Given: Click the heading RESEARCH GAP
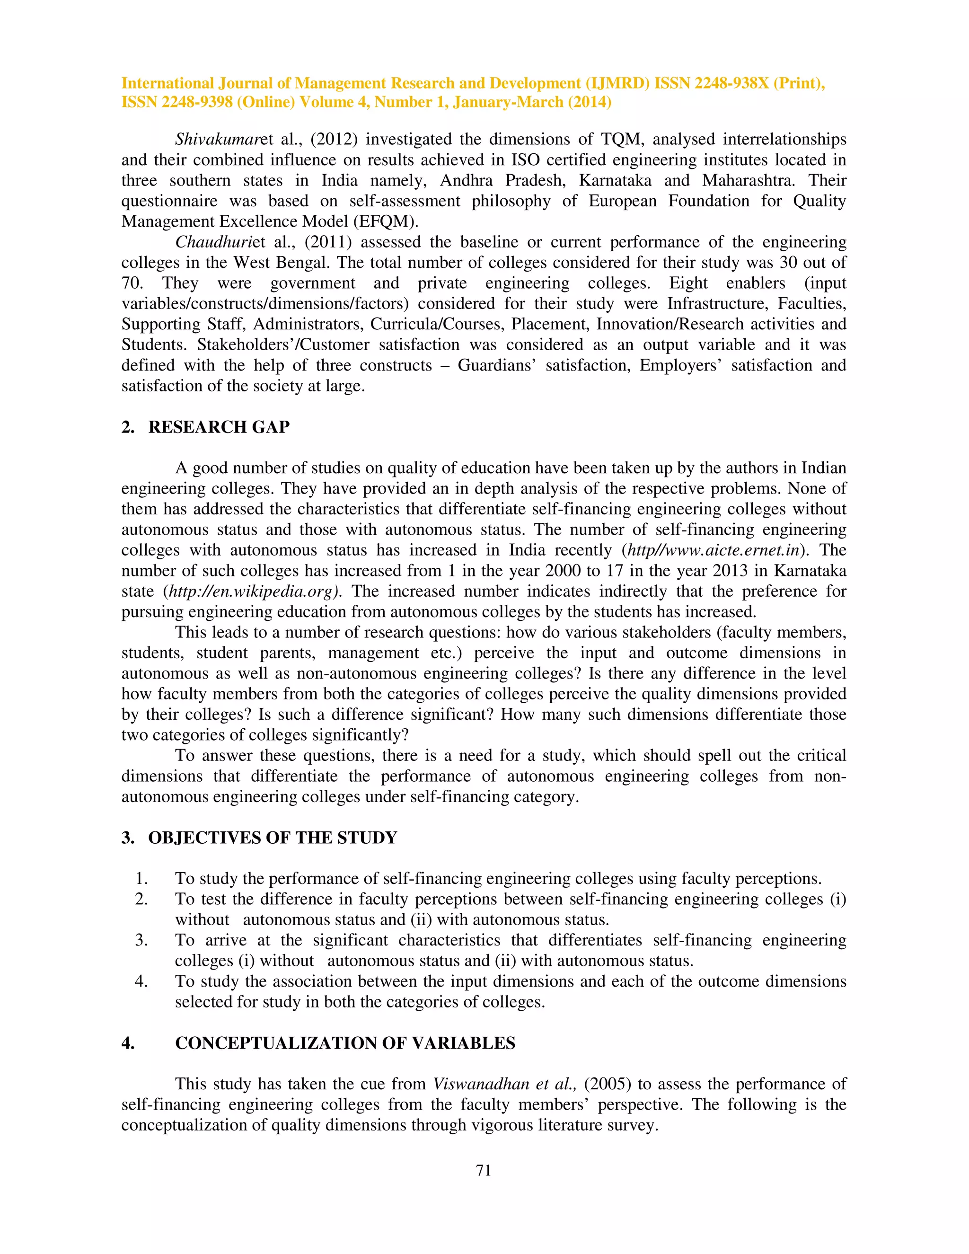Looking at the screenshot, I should [219, 427].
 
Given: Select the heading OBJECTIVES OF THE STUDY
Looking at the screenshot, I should [272, 838].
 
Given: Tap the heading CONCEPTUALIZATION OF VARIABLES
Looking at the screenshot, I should [345, 1043].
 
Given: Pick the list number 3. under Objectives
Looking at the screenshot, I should [141, 941].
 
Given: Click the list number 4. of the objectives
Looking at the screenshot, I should [141, 982].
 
